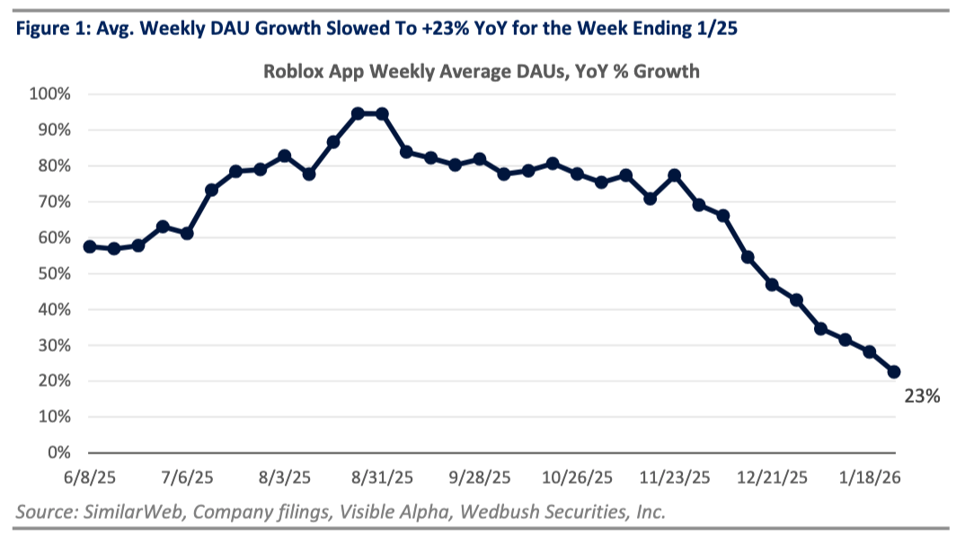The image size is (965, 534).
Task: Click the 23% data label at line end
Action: (x=922, y=396)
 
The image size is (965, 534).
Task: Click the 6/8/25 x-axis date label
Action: (x=87, y=476)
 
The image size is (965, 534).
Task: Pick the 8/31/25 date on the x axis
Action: (x=383, y=476)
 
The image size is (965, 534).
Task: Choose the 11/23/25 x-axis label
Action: (x=675, y=476)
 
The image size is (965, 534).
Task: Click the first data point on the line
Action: (x=89, y=246)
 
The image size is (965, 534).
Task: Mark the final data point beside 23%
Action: (x=894, y=371)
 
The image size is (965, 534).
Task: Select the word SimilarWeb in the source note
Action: (x=125, y=512)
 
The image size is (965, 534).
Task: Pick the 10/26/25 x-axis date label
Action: (x=578, y=476)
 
